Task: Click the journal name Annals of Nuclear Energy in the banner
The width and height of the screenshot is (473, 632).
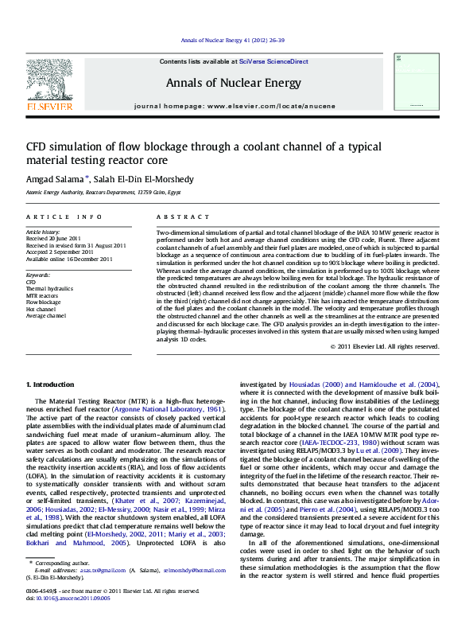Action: pyautogui.click(x=234, y=83)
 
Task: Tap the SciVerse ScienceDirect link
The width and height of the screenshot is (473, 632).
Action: pyautogui.click(x=281, y=61)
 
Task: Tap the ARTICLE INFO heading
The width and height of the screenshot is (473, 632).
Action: pyautogui.click(x=64, y=217)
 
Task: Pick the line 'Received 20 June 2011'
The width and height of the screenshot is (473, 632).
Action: pyautogui.click(x=54, y=238)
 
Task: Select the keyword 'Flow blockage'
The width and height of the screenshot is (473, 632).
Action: pyautogui.click(x=43, y=302)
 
